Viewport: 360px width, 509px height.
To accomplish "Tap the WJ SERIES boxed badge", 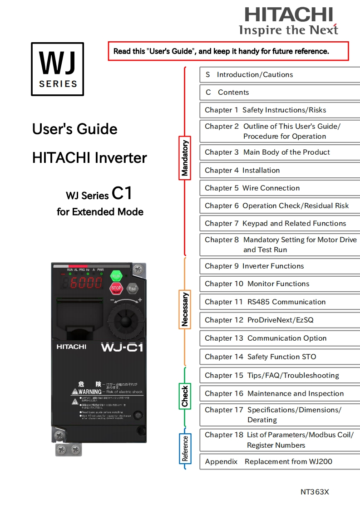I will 57,69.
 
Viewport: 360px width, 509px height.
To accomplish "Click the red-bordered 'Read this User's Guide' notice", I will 228,51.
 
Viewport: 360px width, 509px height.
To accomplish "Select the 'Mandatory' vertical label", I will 185,158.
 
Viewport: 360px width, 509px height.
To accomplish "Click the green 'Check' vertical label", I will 185,396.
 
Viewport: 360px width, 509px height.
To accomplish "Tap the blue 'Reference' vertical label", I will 185,448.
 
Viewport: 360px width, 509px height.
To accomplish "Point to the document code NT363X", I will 315,492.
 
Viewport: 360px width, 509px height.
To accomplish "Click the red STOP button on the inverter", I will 116,288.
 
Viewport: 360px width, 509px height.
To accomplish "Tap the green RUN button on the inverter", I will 116,275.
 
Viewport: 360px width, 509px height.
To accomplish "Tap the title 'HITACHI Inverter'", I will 89,158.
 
